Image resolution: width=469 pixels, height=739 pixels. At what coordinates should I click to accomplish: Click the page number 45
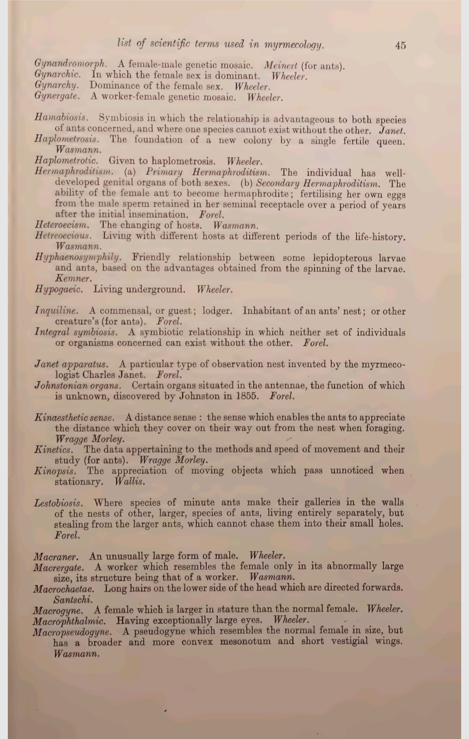(x=400, y=45)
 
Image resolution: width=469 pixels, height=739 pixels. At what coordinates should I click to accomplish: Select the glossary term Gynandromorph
(x=71, y=65)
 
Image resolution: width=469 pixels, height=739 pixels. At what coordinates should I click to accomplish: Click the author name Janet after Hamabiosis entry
(x=392, y=130)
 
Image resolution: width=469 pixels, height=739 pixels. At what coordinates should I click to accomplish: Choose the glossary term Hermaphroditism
(x=74, y=171)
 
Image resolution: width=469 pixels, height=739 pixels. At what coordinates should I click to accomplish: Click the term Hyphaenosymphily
(x=78, y=257)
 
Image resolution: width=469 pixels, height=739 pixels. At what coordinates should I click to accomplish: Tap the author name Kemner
(x=73, y=278)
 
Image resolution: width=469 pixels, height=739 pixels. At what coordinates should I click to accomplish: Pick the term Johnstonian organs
(x=77, y=386)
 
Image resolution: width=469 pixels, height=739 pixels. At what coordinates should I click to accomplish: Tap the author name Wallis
(x=130, y=482)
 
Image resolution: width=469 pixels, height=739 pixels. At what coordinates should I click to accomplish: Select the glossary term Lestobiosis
(x=58, y=503)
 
